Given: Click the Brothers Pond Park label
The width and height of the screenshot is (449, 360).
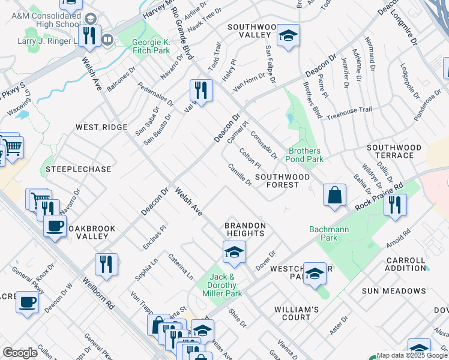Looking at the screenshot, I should [306, 155].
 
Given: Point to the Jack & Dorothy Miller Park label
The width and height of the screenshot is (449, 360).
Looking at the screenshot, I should [226, 285].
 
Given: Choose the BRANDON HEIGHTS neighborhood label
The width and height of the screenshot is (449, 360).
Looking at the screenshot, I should [244, 230].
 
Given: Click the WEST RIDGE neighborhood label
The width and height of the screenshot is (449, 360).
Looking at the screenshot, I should [101, 127].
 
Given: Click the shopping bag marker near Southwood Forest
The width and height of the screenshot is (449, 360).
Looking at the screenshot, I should [334, 195].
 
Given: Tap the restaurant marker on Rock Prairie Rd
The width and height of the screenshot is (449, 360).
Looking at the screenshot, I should [395, 205].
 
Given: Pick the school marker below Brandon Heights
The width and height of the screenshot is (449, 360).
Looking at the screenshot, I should [234, 252].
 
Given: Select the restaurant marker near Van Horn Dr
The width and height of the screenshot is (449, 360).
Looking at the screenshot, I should [201, 91].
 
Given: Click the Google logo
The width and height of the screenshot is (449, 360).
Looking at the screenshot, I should [20, 353].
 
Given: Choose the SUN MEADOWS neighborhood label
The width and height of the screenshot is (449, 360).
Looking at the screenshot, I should [394, 291].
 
